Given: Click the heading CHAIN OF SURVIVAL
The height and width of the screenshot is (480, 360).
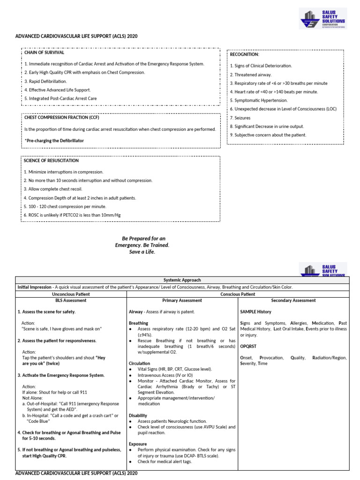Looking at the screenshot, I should [45, 53].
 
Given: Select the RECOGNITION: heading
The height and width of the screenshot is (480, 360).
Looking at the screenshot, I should [244, 55].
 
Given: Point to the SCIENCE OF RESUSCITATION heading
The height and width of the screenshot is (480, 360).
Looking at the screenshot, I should [51, 161].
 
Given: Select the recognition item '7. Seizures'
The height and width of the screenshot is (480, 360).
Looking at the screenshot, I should [240, 118].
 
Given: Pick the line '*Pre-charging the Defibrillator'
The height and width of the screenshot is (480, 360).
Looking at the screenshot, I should [54, 141].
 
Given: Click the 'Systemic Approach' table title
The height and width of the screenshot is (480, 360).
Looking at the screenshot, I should [182, 280].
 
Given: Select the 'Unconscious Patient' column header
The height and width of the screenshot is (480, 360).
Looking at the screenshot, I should [71, 293].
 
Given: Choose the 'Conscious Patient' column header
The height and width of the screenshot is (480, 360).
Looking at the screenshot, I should [238, 293].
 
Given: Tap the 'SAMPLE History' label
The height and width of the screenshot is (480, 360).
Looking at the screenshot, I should [255, 312].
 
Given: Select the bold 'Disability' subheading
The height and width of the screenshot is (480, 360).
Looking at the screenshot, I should [138, 415].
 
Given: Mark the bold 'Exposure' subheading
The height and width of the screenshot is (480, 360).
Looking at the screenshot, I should [138, 444].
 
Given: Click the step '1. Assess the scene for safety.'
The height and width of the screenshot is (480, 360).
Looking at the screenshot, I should [46, 312].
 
